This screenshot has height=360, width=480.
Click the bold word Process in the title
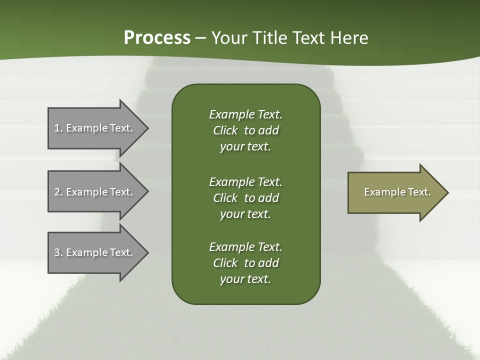(157, 38)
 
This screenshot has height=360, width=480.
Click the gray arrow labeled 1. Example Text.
(95, 128)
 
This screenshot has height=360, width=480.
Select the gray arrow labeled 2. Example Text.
(95, 192)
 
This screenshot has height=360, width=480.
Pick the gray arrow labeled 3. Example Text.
(95, 252)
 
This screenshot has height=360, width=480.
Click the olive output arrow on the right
(395, 192)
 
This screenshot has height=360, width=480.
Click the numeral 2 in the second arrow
(57, 192)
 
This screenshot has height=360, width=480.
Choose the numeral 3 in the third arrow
(57, 252)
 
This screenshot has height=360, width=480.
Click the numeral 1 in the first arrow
(57, 128)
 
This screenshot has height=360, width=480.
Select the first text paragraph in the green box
(245, 130)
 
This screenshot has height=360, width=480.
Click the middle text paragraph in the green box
(245, 198)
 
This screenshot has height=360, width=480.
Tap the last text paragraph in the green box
(245, 263)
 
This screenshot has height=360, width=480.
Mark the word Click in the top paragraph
(225, 130)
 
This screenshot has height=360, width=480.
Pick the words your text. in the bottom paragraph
(245, 279)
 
